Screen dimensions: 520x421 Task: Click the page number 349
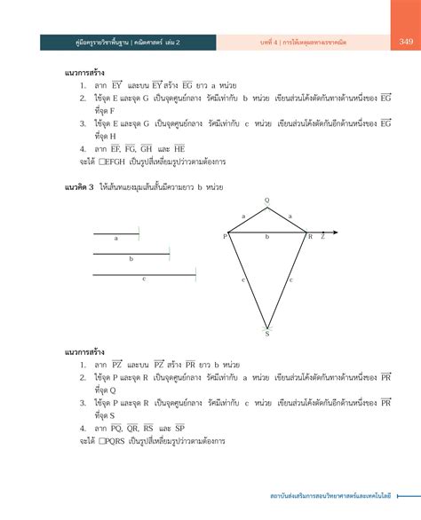click(405, 42)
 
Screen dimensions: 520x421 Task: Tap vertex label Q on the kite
click(266, 201)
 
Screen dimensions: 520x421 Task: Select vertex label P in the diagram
click(225, 237)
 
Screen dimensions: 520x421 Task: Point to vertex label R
click(310, 237)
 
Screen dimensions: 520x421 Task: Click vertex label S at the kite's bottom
click(266, 334)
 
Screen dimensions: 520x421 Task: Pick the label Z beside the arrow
click(322, 237)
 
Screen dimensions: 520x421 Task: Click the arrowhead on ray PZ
click(330, 237)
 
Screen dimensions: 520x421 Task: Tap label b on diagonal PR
click(267, 238)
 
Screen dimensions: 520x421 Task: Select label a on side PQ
click(243, 216)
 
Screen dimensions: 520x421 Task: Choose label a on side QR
click(290, 216)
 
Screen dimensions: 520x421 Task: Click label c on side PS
click(242, 280)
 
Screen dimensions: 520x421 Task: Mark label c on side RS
click(292, 280)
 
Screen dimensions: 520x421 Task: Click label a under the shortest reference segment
click(115, 238)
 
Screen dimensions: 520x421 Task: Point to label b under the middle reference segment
click(131, 258)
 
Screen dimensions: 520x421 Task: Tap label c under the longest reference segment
click(144, 280)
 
